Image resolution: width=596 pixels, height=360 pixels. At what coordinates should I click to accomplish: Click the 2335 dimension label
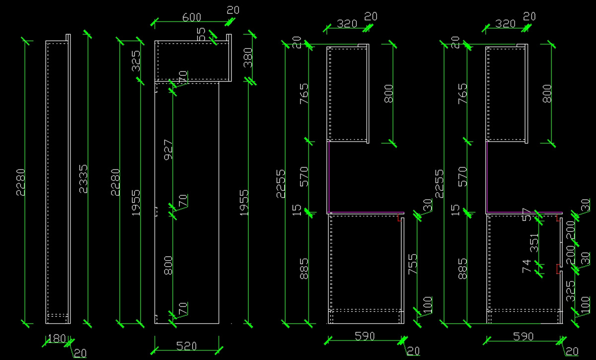pyautogui.click(x=83, y=179)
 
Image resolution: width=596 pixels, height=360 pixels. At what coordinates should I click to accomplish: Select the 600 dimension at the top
pyautogui.click(x=192, y=17)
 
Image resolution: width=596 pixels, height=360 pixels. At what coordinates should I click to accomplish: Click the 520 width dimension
pyautogui.click(x=186, y=346)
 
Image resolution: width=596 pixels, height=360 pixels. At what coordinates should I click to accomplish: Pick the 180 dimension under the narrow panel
pyautogui.click(x=57, y=339)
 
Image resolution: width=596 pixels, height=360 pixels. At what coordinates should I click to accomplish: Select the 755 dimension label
pyautogui.click(x=412, y=263)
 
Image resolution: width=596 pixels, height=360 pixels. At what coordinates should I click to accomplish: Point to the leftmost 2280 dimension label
pyautogui.click(x=20, y=182)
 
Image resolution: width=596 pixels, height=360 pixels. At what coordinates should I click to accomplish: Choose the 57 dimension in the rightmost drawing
pyautogui.click(x=527, y=215)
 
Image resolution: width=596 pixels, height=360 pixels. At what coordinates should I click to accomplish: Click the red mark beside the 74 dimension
pyautogui.click(x=558, y=269)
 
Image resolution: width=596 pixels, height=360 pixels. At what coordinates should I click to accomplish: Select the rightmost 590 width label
pyautogui.click(x=523, y=337)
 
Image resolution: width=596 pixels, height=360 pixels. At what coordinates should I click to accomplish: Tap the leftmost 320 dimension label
pyautogui.click(x=347, y=23)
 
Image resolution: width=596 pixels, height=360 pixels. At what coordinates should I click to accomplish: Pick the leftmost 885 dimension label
pyautogui.click(x=304, y=268)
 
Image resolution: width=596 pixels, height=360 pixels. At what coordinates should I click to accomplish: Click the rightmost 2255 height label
pyautogui.click(x=439, y=183)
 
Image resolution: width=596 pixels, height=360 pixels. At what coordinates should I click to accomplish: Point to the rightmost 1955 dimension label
pyautogui.click(x=244, y=202)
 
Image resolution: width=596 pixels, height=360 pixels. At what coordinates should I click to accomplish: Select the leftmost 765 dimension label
pyautogui.click(x=304, y=93)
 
